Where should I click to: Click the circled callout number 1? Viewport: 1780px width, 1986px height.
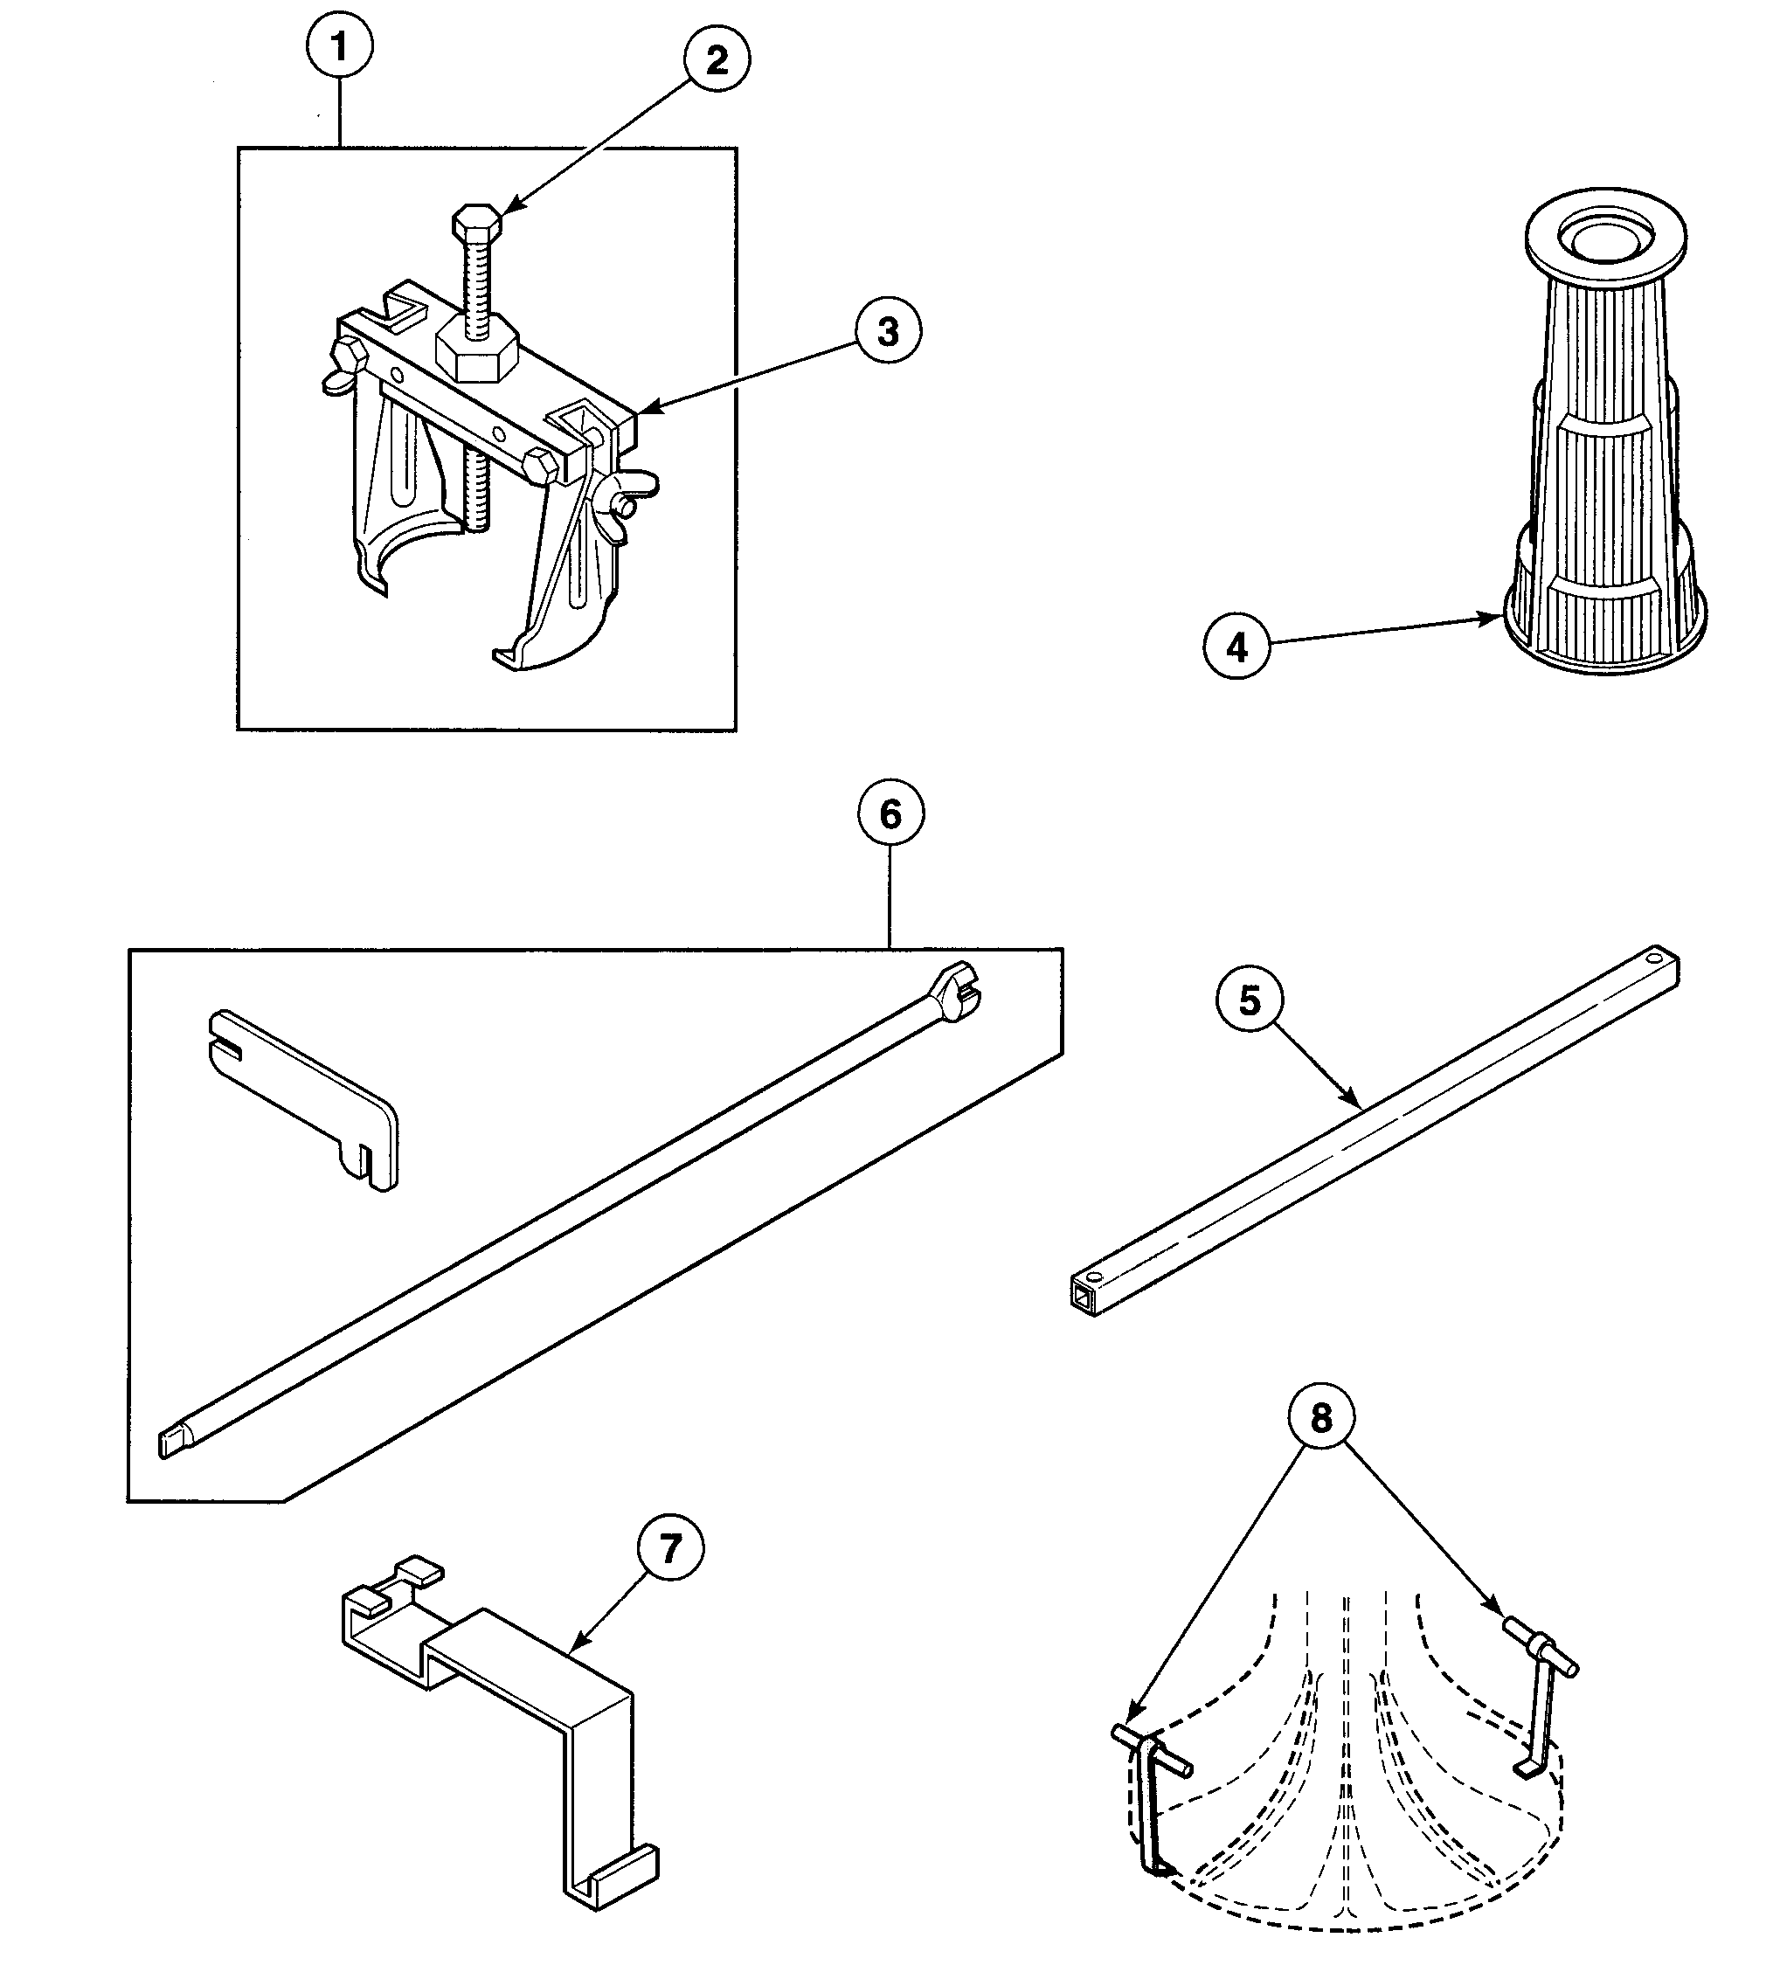[339, 46]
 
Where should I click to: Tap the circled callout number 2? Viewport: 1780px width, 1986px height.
[716, 60]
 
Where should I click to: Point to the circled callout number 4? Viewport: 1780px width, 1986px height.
[1236, 647]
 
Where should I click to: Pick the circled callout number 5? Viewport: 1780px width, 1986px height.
[1249, 1000]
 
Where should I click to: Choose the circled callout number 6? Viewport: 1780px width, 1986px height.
[890, 813]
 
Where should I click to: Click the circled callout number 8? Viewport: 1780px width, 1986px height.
[1320, 1417]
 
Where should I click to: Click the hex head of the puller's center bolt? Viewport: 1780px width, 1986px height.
[477, 222]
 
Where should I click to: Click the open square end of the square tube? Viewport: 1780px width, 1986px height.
[1082, 1297]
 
